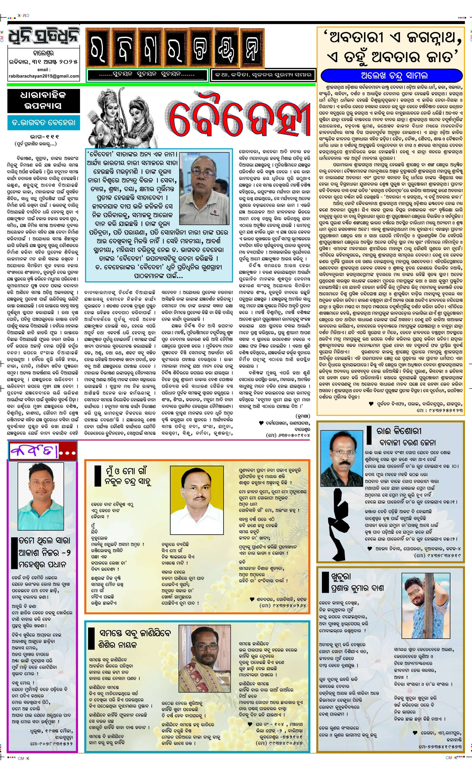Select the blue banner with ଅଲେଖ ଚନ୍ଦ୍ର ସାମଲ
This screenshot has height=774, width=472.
point(391,76)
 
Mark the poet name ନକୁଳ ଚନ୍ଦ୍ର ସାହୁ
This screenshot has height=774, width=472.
point(128,481)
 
